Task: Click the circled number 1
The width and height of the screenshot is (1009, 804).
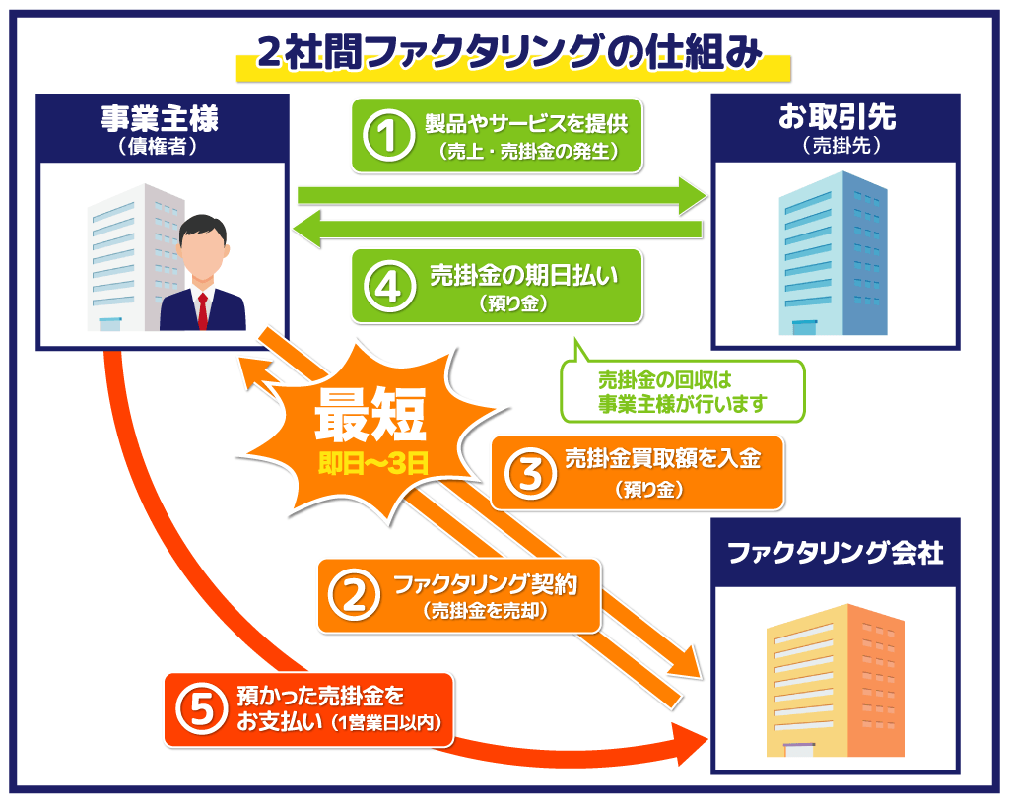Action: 389,136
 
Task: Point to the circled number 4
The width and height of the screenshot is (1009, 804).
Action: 389,287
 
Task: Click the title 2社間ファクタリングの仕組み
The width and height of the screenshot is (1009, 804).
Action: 511,53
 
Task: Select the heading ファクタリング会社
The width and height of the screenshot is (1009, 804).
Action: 835,553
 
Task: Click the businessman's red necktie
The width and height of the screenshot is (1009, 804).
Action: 203,310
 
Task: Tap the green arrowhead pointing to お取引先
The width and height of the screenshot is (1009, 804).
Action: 693,194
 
